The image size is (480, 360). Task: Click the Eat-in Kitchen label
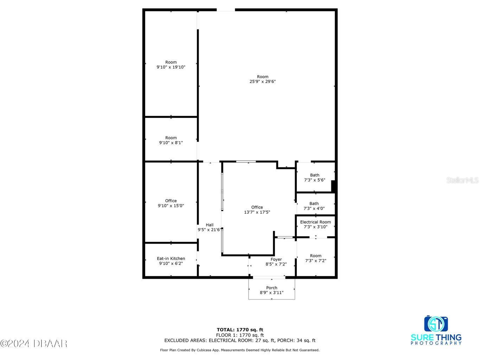171,258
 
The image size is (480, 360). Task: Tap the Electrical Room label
315,222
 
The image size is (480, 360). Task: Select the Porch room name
271,288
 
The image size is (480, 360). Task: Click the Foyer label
276,259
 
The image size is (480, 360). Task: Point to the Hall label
210,225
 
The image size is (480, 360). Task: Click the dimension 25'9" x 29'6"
262,82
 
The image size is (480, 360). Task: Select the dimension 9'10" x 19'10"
171,67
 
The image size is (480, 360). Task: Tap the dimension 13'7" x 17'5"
257,212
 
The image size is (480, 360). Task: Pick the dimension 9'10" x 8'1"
171,143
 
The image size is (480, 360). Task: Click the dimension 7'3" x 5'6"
315,180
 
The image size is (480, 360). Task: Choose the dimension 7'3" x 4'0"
314,208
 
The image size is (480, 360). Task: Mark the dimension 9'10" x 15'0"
171,206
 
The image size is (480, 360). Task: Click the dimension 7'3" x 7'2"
315,261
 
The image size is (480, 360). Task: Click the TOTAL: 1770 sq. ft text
240,330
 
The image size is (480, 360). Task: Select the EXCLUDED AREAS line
240,340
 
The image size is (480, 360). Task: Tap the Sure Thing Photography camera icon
436,324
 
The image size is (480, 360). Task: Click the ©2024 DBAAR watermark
34,343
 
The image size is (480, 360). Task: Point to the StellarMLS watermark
462,180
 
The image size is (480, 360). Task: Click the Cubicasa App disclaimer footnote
240,350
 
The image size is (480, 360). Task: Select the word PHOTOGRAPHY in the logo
436,343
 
